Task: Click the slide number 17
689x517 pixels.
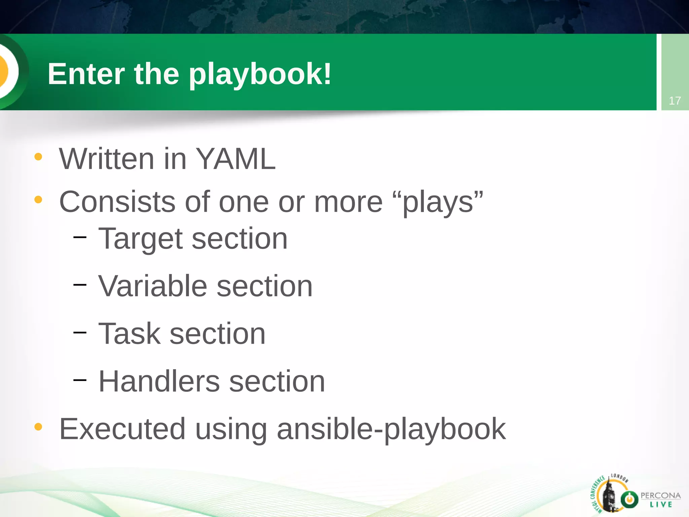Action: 675,101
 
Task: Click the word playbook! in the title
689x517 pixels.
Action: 260,74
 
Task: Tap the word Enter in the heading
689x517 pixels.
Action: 86,74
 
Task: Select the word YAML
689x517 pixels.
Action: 235,159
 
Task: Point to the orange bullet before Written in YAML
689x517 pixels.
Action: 38,157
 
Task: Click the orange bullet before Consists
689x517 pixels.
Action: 38,200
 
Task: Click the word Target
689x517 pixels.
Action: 140,239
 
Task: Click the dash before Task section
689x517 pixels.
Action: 80,333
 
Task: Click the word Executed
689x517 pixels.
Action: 122,429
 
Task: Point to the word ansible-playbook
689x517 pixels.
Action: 391,429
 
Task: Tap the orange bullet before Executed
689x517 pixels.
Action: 38,427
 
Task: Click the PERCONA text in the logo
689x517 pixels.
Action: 660,496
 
